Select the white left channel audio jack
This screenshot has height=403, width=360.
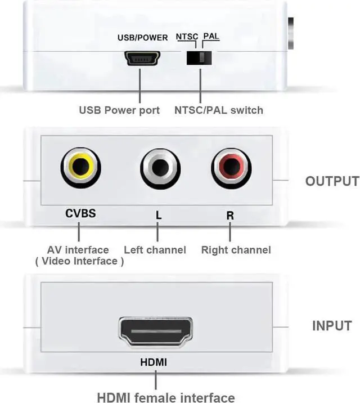pos(160,167)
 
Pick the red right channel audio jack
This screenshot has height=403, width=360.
pos(231,167)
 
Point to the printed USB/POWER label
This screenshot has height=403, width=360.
pos(142,38)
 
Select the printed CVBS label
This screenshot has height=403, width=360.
pos(80,213)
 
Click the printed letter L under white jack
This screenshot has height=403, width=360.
pos(158,214)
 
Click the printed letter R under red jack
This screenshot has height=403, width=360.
pos(230,214)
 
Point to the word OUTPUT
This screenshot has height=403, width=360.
pos(332,181)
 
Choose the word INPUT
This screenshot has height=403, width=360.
pos(332,326)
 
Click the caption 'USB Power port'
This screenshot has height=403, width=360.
pos(119,110)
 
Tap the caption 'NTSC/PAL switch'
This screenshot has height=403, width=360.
pos(218,110)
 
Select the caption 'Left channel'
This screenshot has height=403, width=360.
pos(155,249)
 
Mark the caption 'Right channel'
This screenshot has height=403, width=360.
pos(236,249)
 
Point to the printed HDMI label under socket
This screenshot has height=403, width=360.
pos(154,362)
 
